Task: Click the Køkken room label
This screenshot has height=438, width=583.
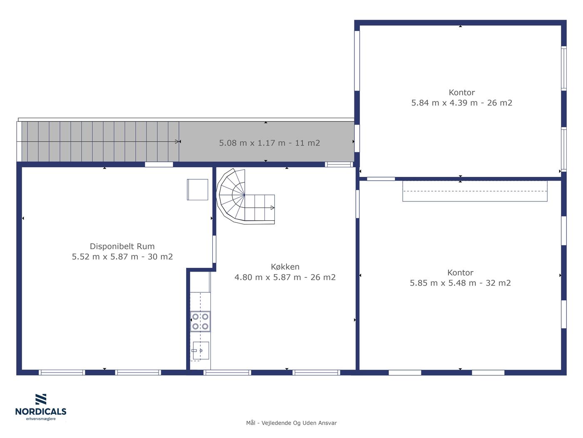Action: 285,267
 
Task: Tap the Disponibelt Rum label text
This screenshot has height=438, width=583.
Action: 122,246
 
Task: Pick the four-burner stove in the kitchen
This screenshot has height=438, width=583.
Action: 200,322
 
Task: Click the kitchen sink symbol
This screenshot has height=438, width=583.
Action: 201,350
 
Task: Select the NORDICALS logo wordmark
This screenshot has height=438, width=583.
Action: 41,412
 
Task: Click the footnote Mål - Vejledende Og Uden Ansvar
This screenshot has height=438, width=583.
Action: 291,423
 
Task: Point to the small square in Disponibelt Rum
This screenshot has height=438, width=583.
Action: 197,190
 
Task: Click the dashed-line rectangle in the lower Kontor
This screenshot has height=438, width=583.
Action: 475,191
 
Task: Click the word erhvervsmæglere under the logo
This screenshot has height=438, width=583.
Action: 41,419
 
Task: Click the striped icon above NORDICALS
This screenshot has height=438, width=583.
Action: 41,399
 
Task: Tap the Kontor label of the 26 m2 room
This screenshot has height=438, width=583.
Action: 462,92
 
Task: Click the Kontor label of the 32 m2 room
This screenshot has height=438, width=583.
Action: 460,272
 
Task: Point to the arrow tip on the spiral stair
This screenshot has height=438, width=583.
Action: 274,208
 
